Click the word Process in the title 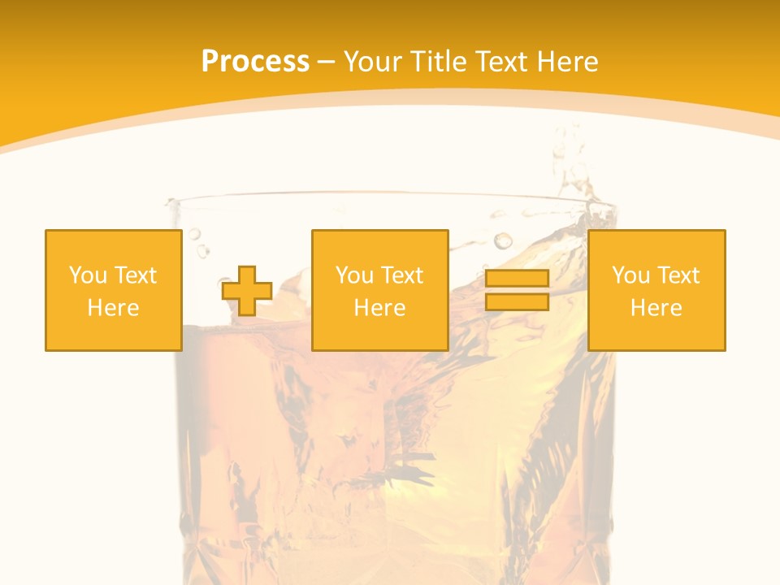[x=255, y=62]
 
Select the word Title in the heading [x=442, y=62]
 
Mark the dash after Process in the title [x=327, y=63]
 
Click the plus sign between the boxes [x=247, y=291]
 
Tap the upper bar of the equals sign [x=517, y=279]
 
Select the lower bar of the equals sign [x=517, y=302]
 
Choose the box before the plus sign [x=113, y=290]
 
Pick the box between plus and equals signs [x=379, y=290]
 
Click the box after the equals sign [x=656, y=290]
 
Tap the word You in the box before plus [x=88, y=275]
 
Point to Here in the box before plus [x=113, y=308]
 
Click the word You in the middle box [x=354, y=275]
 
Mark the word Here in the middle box [x=379, y=308]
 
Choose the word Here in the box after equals [x=656, y=308]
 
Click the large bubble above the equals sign [x=504, y=240]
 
